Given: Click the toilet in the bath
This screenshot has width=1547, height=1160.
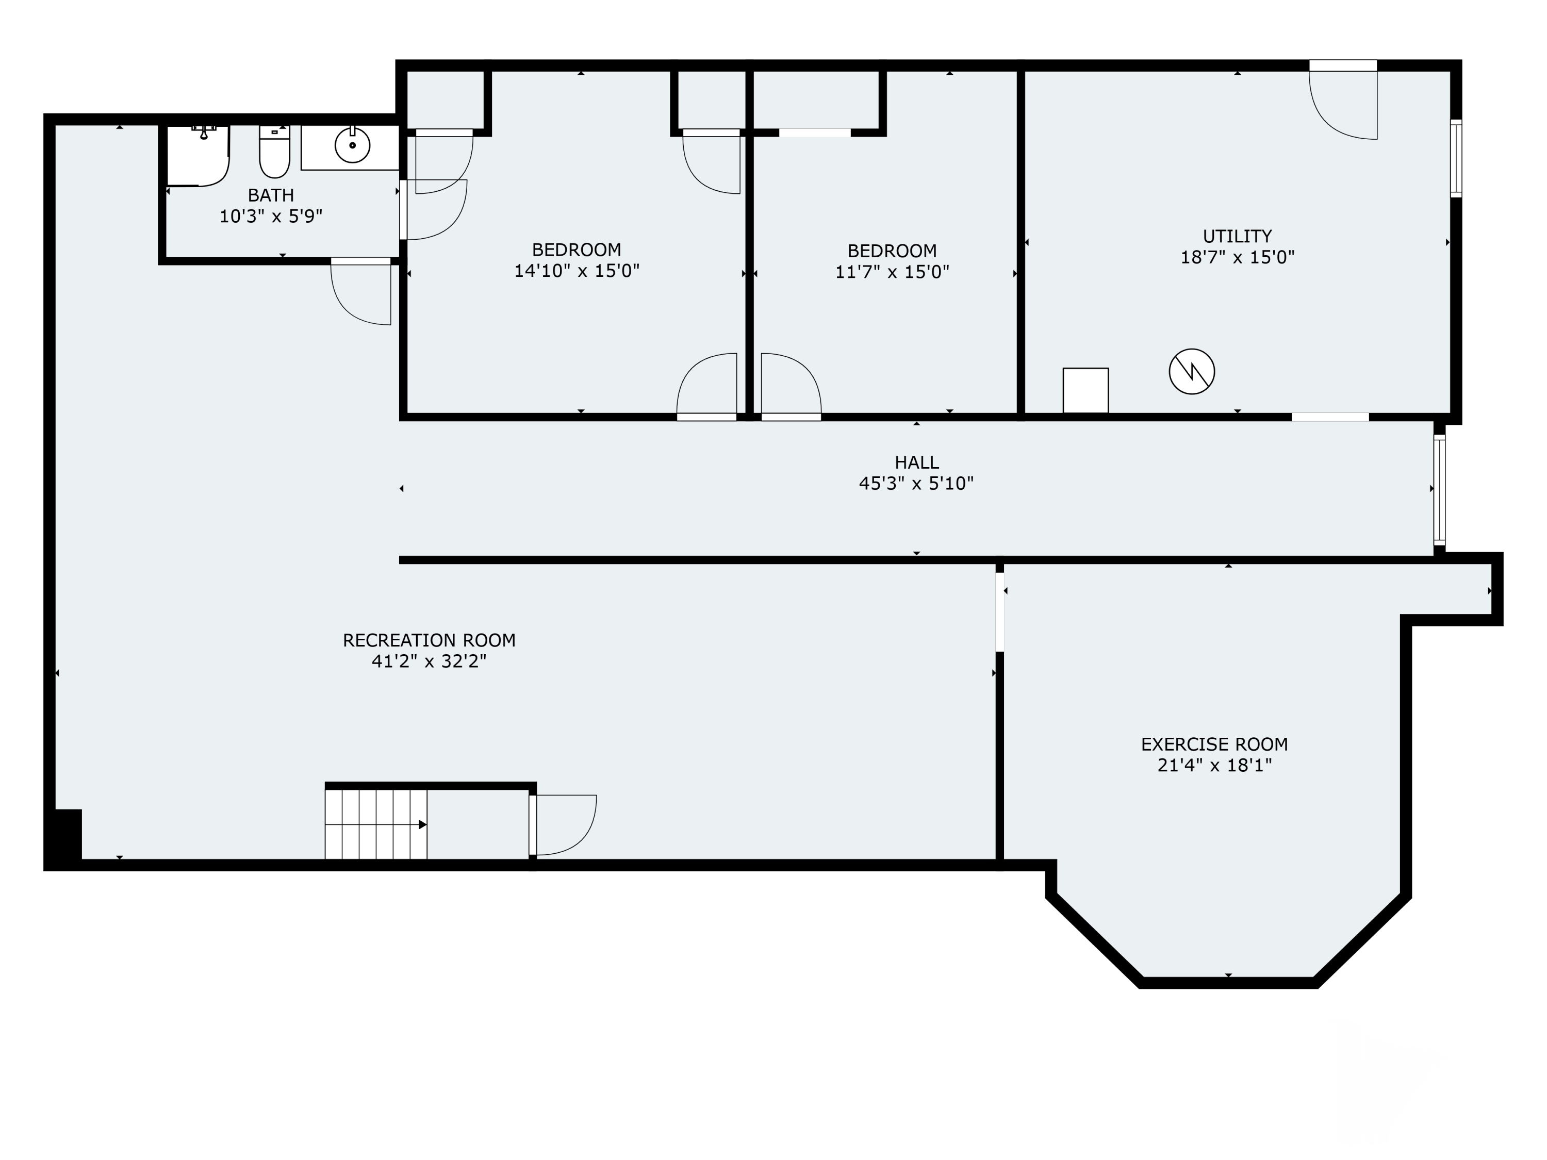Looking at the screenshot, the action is [x=274, y=151].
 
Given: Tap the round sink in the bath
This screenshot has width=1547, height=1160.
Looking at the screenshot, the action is [x=353, y=145].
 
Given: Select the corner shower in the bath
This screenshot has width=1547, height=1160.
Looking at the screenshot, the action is [x=199, y=156].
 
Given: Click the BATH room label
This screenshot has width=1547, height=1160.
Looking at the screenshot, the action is [x=271, y=195].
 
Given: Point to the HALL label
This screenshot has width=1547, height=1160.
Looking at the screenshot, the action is [x=916, y=462].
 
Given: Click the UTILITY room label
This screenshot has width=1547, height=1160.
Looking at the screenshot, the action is [x=1237, y=236].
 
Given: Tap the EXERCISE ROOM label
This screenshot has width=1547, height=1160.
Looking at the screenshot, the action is [x=1214, y=744].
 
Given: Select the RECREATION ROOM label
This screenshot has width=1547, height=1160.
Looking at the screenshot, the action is [x=429, y=640].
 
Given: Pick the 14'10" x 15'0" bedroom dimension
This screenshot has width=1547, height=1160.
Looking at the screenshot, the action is [x=577, y=271].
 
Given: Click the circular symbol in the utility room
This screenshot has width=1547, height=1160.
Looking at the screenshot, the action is [x=1192, y=371].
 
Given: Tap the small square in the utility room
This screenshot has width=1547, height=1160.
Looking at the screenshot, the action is [x=1085, y=390].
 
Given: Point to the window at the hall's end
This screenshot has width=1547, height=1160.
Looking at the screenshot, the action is [x=1439, y=489].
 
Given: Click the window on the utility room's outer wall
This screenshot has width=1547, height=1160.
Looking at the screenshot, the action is [x=1456, y=159].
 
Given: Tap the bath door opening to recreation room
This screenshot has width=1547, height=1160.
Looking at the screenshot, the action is [x=361, y=292].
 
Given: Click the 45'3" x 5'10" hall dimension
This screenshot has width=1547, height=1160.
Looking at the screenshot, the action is [x=916, y=483].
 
